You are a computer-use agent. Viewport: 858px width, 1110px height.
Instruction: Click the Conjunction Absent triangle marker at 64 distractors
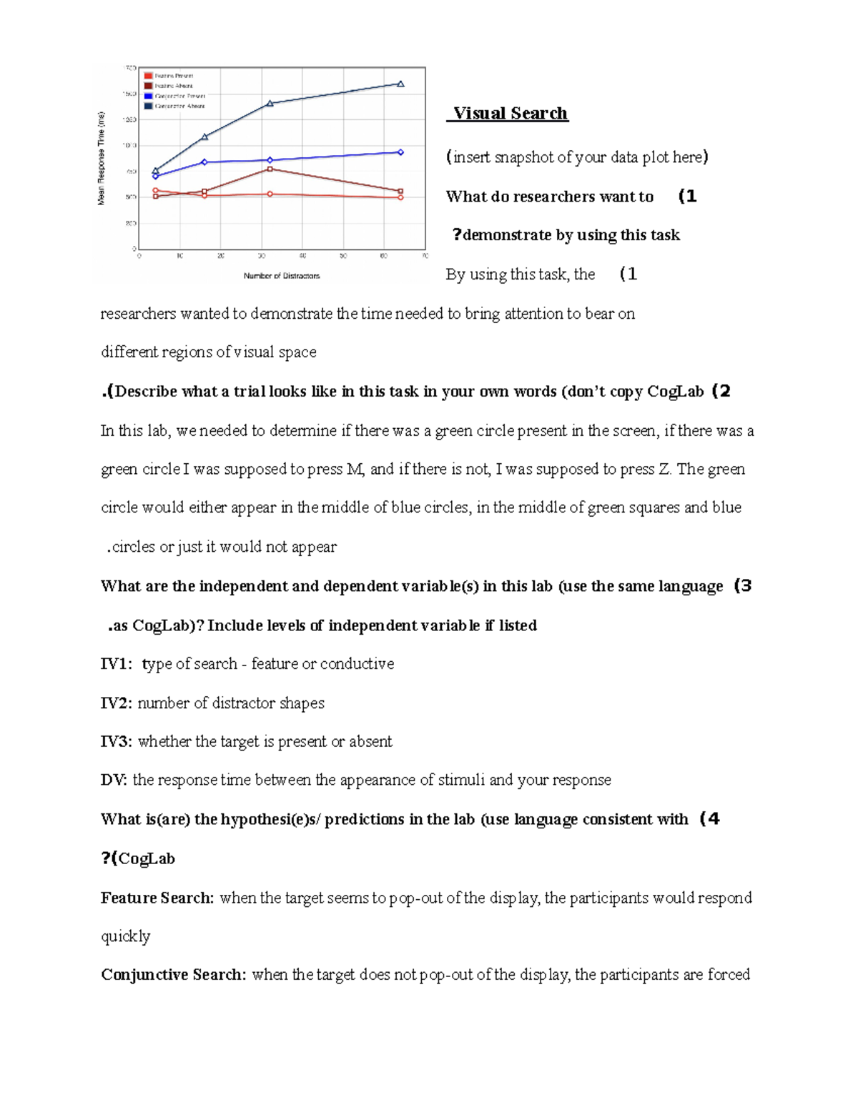(400, 84)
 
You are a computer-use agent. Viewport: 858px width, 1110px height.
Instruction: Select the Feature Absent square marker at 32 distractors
(270, 169)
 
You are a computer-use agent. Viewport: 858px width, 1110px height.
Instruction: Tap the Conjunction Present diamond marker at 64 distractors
(400, 152)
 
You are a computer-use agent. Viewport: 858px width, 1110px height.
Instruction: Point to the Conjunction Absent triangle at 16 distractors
(204, 137)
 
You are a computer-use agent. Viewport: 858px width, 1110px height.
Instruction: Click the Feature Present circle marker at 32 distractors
(270, 194)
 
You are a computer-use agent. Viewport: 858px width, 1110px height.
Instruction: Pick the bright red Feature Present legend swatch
(148, 76)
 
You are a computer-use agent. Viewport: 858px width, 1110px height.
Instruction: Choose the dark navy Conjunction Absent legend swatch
(148, 106)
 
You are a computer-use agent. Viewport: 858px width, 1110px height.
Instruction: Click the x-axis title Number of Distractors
(282, 276)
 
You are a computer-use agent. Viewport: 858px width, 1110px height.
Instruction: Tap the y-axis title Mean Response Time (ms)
(101, 159)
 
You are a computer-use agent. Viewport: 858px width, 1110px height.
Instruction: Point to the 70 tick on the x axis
(425, 256)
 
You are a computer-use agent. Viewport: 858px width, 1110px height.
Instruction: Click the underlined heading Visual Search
(510, 114)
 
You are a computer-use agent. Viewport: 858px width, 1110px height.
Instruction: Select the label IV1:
(116, 664)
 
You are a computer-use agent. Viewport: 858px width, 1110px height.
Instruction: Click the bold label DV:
(114, 780)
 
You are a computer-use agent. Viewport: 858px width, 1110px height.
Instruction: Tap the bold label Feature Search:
(157, 898)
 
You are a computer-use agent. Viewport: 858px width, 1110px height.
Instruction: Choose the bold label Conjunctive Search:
(174, 975)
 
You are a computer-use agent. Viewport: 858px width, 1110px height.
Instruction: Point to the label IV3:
(116, 741)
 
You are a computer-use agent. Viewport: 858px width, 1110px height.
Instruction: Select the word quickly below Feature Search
(125, 936)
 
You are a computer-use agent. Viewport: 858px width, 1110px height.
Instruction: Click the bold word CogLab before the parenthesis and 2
(676, 392)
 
